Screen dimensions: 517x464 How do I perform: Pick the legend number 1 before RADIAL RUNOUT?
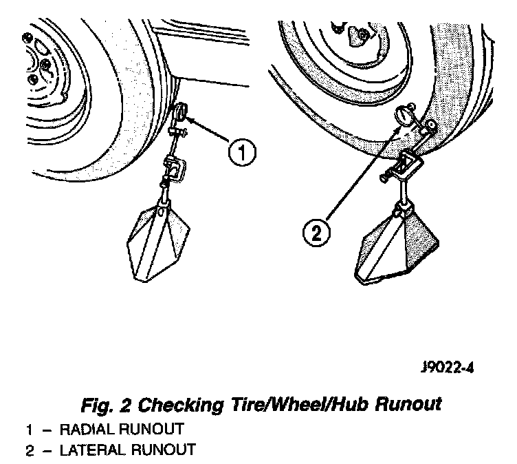(30, 430)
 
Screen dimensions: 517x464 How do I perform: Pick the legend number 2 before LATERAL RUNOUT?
(30, 450)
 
